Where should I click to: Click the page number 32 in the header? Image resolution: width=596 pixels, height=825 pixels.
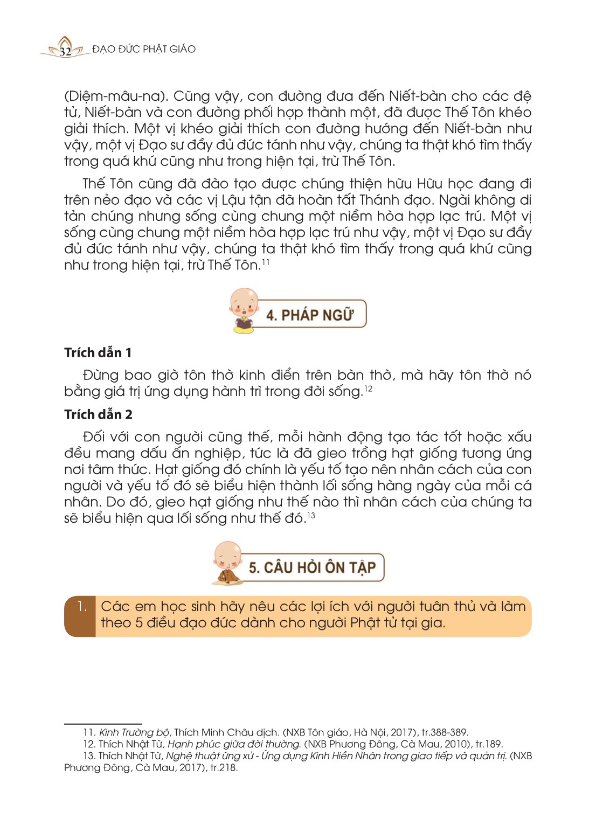(65, 52)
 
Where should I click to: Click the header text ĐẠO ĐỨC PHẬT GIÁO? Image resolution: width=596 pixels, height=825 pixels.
(144, 49)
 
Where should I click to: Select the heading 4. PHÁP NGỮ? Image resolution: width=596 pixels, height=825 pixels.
(310, 315)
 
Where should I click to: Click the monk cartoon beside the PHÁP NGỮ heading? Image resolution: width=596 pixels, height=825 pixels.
(244, 310)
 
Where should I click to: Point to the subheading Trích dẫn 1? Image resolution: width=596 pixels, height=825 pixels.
(98, 353)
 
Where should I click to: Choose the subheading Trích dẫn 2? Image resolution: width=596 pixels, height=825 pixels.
(98, 414)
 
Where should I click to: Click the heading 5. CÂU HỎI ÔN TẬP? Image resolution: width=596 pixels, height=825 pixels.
(312, 567)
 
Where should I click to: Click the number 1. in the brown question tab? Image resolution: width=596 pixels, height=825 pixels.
(81, 607)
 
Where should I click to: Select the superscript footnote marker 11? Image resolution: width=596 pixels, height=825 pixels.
(266, 262)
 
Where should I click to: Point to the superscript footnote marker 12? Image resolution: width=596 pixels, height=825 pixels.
(369, 389)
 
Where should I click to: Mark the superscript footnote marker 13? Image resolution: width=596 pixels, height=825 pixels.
(311, 516)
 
